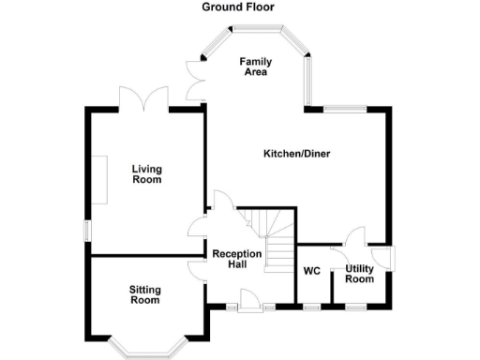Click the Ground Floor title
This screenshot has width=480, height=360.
[239, 7]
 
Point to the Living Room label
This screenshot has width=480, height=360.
[146, 173]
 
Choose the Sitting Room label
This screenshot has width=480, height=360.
[144, 294]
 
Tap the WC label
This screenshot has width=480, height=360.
[312, 271]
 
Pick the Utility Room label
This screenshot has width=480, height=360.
[359, 274]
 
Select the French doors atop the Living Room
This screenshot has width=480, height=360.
[143, 97]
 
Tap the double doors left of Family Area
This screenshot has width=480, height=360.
[195, 79]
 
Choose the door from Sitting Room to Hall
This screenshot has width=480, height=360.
[197, 269]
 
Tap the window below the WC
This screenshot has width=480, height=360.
[312, 307]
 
